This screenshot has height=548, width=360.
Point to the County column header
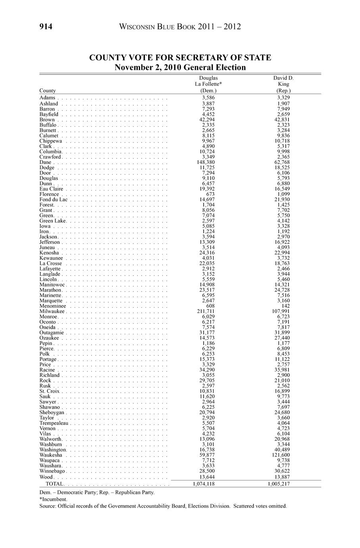[48, 91]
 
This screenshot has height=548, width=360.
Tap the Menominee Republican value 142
[285, 306]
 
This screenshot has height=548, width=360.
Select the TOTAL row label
[54, 484]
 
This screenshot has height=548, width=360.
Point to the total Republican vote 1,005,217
[278, 484]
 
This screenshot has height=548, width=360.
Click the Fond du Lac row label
[54, 199]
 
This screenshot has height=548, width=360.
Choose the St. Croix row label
[49, 391]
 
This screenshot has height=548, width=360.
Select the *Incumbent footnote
[53, 499]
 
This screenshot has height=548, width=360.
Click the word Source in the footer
[47, 506]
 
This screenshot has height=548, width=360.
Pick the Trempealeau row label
[54, 423]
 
